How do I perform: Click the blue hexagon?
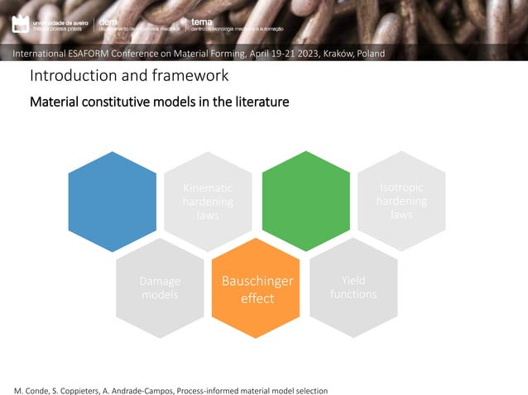[x=112, y=201]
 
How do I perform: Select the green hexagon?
[x=305, y=201]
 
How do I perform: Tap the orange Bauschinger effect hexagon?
[x=257, y=288]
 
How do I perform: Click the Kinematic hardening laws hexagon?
[x=208, y=201]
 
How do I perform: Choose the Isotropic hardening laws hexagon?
[x=401, y=201]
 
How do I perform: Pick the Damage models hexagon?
[x=160, y=288]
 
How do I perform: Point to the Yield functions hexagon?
[x=353, y=288]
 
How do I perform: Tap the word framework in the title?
[x=190, y=77]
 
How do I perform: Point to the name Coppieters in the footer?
[x=80, y=389]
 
